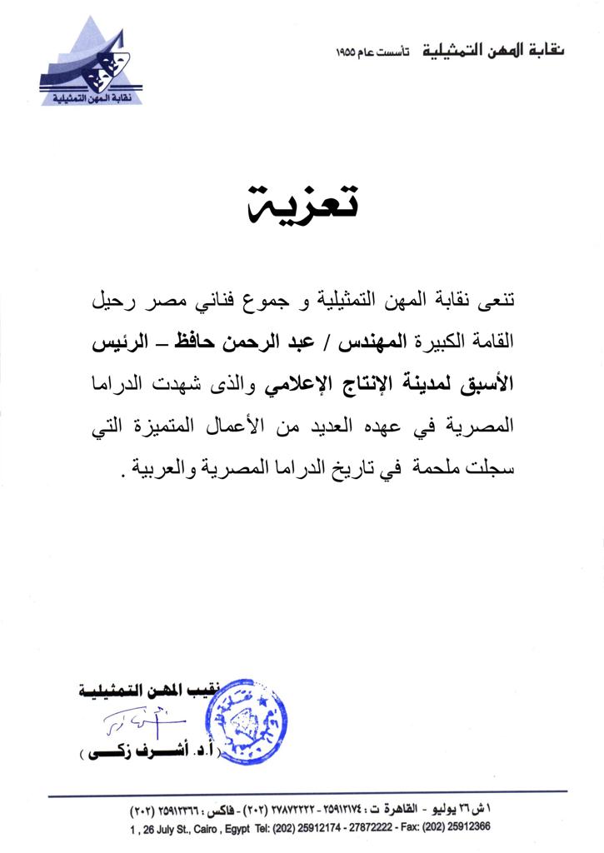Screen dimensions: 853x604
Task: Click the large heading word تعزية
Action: [x=303, y=203]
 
